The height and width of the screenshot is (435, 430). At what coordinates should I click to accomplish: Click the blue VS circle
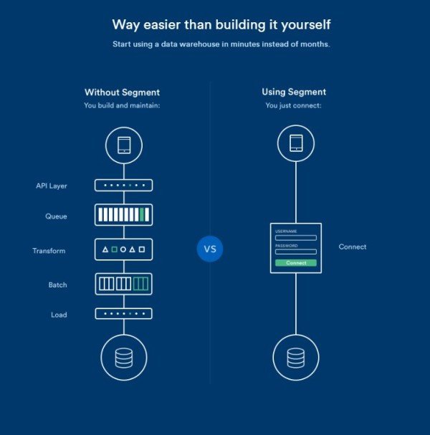pyautogui.click(x=210, y=249)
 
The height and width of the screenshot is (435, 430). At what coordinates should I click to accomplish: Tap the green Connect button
pyautogui.click(x=296, y=263)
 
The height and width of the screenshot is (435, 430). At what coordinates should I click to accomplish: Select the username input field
pyautogui.click(x=296, y=238)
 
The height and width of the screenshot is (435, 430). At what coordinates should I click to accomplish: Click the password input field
pyautogui.click(x=296, y=252)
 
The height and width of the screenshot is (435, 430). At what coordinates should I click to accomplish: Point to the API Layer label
pyautogui.click(x=52, y=186)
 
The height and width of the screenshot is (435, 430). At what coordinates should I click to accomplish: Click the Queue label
pyautogui.click(x=56, y=216)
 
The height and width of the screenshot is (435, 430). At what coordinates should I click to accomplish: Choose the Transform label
pyautogui.click(x=49, y=251)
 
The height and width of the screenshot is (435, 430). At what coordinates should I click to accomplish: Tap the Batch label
pyautogui.click(x=58, y=285)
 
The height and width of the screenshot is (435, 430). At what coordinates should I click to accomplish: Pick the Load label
pyautogui.click(x=59, y=315)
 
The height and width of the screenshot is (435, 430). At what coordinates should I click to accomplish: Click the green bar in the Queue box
pyautogui.click(x=142, y=215)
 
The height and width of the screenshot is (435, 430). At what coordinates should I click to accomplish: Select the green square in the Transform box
pyautogui.click(x=114, y=249)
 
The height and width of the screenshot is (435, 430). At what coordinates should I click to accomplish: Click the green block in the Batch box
pyautogui.click(x=140, y=284)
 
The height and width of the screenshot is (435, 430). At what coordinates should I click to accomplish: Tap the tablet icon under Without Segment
pyautogui.click(x=124, y=145)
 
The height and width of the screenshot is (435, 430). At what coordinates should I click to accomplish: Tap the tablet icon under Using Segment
pyautogui.click(x=296, y=143)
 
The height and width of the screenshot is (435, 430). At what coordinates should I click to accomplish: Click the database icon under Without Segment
pyautogui.click(x=124, y=358)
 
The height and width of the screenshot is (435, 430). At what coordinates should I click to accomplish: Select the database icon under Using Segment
pyautogui.click(x=296, y=358)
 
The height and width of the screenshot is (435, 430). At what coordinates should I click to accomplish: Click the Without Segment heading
pyautogui.click(x=122, y=92)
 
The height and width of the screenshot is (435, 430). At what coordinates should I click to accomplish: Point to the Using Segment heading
pyautogui.click(x=294, y=92)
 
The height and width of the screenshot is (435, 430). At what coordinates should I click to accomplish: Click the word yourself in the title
pyautogui.click(x=306, y=25)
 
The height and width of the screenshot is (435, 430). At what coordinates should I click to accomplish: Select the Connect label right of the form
pyautogui.click(x=353, y=247)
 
